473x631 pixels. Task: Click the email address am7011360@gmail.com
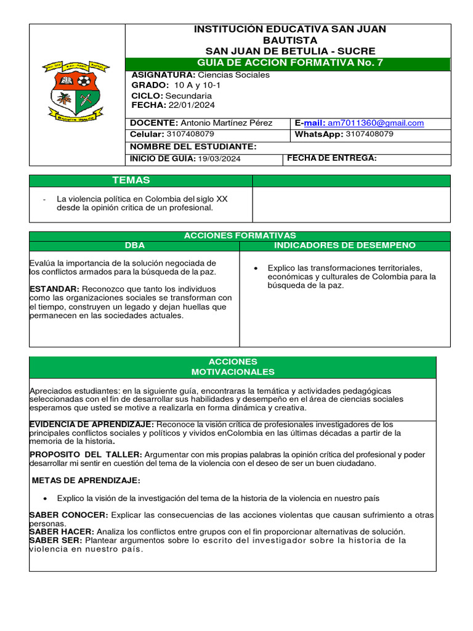click(376, 123)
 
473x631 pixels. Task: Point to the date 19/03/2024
click(219, 159)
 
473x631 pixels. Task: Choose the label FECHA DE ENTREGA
click(331, 158)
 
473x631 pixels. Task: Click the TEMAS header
click(131, 181)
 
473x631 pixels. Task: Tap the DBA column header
click(134, 245)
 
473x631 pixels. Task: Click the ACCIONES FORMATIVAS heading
click(240, 235)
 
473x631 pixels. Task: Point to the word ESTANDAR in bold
click(54, 289)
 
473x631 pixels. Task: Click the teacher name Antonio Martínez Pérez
click(226, 123)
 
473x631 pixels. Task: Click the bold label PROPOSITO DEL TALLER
click(86, 455)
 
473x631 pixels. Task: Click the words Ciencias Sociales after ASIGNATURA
click(237, 75)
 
